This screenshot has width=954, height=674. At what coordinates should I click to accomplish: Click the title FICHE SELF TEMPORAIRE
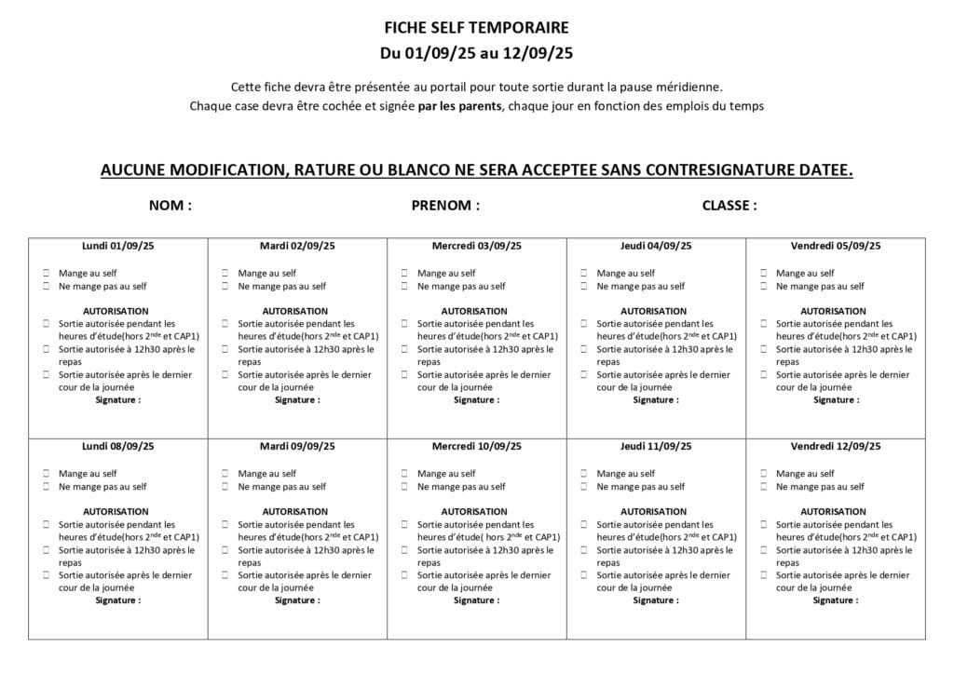476,28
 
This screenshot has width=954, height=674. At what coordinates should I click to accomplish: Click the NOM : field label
170,206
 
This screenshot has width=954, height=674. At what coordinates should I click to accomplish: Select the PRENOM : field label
445,206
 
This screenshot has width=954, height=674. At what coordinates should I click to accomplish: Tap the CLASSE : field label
729,206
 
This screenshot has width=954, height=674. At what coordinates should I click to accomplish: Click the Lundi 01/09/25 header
117,246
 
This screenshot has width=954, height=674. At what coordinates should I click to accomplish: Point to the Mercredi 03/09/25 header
476,246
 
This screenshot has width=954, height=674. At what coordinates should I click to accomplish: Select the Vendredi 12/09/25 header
836,446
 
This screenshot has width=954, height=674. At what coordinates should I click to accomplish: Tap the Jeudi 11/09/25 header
656,446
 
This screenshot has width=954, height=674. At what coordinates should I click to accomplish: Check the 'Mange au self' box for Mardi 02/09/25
226,274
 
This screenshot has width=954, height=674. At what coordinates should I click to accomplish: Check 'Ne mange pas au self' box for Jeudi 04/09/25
585,287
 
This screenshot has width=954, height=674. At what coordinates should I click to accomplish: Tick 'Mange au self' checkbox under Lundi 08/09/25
47,474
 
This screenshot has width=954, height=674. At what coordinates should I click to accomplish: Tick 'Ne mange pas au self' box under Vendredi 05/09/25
764,287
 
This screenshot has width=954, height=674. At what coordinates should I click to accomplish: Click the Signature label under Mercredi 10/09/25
476,600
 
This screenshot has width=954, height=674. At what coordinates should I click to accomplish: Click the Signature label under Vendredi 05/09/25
836,400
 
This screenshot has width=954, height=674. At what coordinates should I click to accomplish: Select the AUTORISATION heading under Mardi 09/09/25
295,511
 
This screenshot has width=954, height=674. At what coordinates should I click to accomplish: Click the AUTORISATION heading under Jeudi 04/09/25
656,311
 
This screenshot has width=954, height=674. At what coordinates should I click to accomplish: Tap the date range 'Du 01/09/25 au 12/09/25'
476,52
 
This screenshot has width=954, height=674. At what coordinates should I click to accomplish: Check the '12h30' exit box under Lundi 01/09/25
47,349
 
